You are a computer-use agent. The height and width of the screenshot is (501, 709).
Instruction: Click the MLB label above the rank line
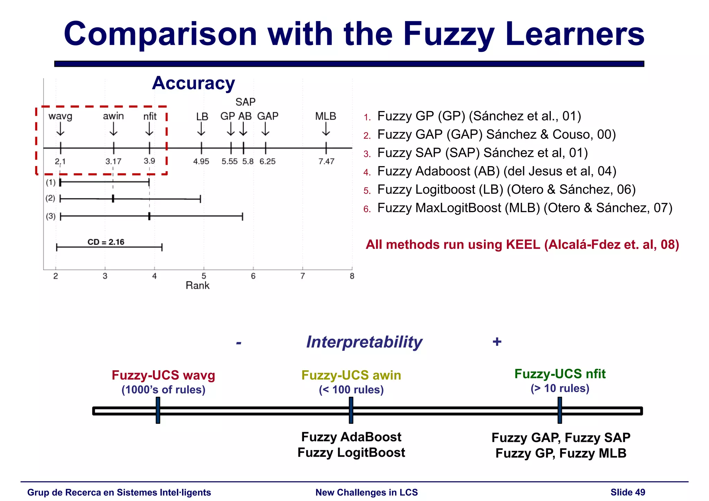click(x=325, y=116)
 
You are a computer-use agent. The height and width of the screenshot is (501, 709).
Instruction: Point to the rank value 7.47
click(x=326, y=162)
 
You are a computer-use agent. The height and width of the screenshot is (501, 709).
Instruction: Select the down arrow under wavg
click(x=61, y=130)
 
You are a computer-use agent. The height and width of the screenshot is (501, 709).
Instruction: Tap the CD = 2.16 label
click(x=106, y=242)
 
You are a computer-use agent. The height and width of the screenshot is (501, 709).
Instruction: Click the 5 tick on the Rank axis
click(x=204, y=276)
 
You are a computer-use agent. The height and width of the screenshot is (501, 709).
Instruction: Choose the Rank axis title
click(x=197, y=285)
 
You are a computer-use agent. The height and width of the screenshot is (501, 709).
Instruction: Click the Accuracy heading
click(x=194, y=83)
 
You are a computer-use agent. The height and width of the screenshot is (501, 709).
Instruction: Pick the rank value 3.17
click(x=113, y=162)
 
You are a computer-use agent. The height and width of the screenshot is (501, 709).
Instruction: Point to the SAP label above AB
click(x=245, y=102)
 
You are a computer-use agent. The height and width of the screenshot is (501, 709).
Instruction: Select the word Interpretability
click(x=364, y=342)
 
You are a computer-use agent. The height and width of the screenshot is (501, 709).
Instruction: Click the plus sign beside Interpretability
click(x=497, y=342)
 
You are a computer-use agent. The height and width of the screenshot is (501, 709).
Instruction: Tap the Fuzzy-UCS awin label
click(x=351, y=375)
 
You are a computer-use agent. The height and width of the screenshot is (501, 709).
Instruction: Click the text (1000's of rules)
click(x=163, y=390)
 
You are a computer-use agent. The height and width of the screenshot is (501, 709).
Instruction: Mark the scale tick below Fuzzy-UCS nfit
click(x=559, y=410)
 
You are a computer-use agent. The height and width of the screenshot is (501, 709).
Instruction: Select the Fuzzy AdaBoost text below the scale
click(x=351, y=437)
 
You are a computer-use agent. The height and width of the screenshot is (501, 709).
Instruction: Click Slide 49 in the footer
click(x=628, y=492)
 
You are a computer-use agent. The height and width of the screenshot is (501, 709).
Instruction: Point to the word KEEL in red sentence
click(x=523, y=245)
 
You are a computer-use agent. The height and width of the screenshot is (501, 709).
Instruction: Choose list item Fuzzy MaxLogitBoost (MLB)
click(x=524, y=208)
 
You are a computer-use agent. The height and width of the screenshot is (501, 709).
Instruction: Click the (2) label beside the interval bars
click(x=51, y=198)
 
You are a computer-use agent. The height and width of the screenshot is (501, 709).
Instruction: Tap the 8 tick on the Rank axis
click(x=352, y=276)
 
